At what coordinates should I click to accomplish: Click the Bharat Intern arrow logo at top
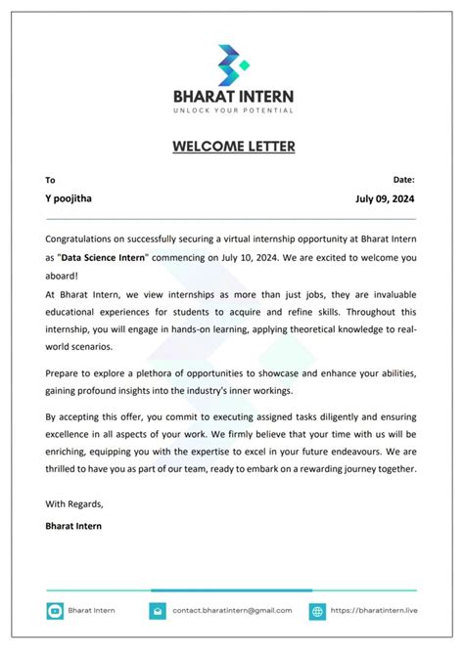(x=232, y=65)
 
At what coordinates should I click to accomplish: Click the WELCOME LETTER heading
(x=232, y=147)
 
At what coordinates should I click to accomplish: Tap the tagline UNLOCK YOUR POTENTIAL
(x=232, y=109)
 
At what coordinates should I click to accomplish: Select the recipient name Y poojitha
(x=70, y=197)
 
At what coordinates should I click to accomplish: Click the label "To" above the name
(x=51, y=180)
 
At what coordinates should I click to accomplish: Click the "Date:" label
(x=403, y=180)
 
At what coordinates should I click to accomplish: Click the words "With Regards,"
(x=73, y=504)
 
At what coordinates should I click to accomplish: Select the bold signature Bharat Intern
(x=73, y=526)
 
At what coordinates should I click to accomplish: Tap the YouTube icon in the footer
(x=56, y=611)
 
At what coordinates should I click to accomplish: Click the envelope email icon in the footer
(x=158, y=611)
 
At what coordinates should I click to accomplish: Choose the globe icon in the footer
(x=317, y=611)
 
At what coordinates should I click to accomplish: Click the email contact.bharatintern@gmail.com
(x=232, y=611)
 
